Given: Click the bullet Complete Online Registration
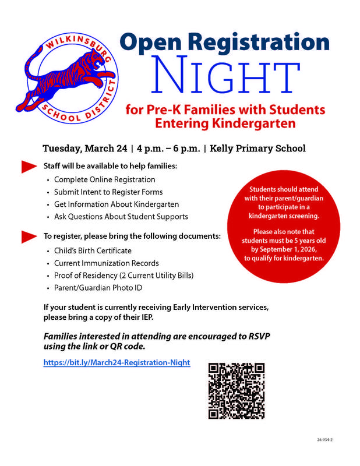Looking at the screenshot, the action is pos(105,179).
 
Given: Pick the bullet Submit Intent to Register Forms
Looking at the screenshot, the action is pos(108,192).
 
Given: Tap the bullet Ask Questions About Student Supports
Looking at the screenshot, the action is pos(121,217).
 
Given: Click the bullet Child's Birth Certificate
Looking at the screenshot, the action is pos(93,250).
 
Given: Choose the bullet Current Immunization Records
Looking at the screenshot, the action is pos(107,263).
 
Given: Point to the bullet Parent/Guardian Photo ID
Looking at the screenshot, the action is pos(98,288).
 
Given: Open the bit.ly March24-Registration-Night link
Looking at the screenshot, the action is pos(117,362).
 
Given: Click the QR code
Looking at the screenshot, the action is pos(237,390).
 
